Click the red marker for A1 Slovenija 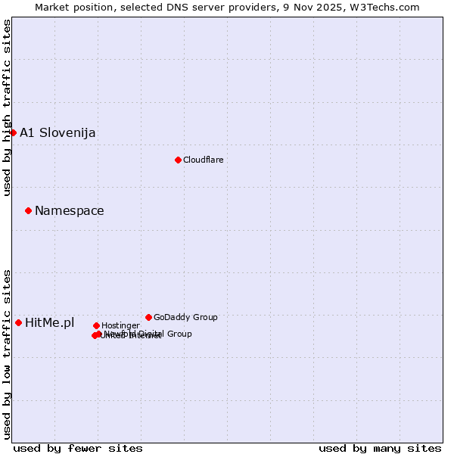(13, 132)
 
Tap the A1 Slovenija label (58, 133)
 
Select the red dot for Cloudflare (178, 160)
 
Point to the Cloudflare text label (203, 160)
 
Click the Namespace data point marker (28, 210)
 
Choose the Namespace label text (70, 211)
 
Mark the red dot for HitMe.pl (18, 322)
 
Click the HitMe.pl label (50, 323)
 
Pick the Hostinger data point (96, 325)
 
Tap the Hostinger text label (120, 325)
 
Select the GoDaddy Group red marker (148, 317)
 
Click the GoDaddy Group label (185, 317)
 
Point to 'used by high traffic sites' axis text (7, 107)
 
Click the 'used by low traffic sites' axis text (7, 353)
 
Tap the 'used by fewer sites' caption (78, 448)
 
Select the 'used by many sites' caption (380, 448)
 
